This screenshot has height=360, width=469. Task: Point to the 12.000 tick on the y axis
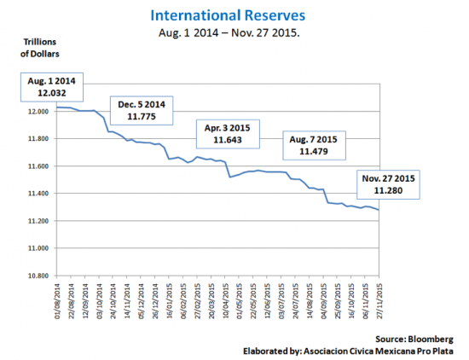[35, 112]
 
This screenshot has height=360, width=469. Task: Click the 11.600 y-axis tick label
[35, 166]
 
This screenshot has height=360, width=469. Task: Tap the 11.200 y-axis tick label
[35, 221]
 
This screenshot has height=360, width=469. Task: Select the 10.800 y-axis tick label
[35, 276]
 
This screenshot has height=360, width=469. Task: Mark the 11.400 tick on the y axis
[35, 194]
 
